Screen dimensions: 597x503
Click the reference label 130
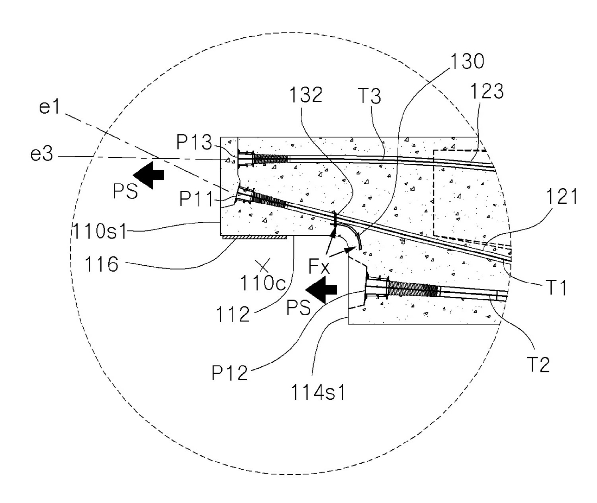click(467, 61)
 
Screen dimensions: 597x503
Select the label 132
click(306, 95)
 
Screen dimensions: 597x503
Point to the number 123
click(487, 91)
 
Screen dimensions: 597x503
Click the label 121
click(562, 196)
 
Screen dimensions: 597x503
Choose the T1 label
click(556, 287)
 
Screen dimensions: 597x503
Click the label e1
click(49, 108)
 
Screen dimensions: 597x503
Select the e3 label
click(42, 154)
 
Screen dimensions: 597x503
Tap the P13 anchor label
click(195, 142)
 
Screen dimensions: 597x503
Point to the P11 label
click(196, 199)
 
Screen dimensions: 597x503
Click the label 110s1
click(100, 231)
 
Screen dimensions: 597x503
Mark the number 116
click(102, 264)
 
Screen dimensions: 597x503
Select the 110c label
click(263, 283)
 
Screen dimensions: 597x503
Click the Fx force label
click(319, 267)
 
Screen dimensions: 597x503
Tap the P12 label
click(229, 373)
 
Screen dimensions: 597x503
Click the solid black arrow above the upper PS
click(148, 175)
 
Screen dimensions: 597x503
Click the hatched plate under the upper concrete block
click(254, 237)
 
